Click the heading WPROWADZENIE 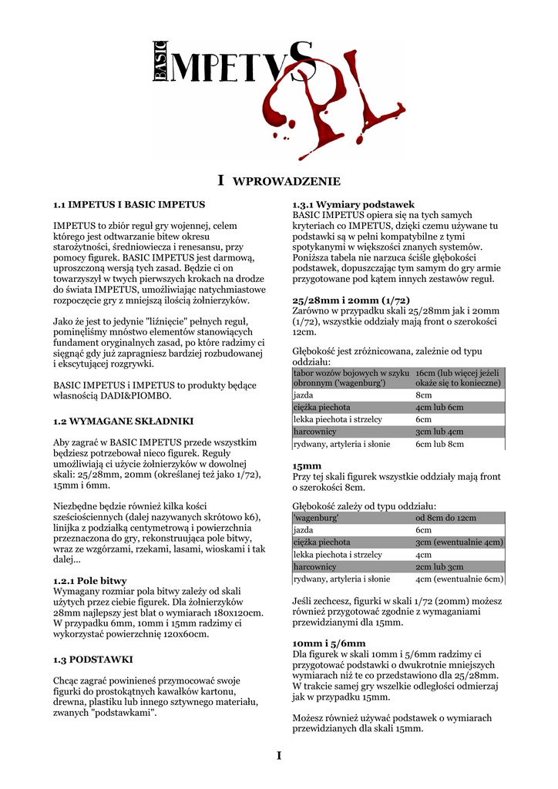click(x=286, y=182)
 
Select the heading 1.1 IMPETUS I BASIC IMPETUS click(x=129, y=205)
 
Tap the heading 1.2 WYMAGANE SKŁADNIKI click(x=123, y=421)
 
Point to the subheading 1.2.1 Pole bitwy click(x=90, y=580)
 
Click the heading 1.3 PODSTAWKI click(x=93, y=660)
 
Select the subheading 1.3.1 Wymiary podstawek click(x=354, y=205)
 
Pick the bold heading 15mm click(x=307, y=466)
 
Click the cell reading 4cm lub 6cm click(x=439, y=407)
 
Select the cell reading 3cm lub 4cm click(x=439, y=431)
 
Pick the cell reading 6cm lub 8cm click(x=439, y=444)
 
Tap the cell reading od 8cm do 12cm click(x=445, y=518)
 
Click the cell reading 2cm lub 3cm click(x=439, y=566)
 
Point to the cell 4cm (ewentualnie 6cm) click(x=459, y=579)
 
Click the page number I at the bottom click(x=279, y=756)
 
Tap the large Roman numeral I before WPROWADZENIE click(x=220, y=180)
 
